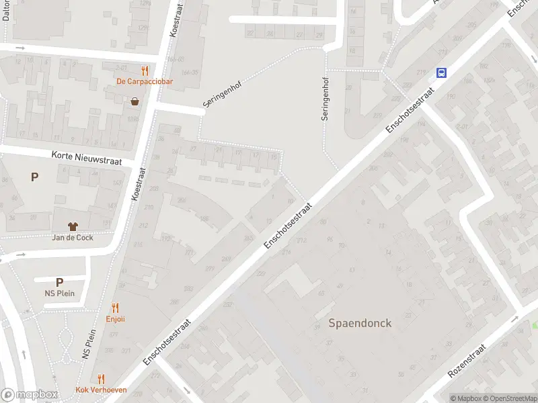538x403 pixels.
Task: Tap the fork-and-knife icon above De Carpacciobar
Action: [x=144, y=71]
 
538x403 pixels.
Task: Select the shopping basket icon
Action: [x=135, y=101]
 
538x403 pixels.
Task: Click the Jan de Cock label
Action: [x=73, y=237]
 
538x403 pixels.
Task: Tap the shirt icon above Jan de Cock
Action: [x=73, y=226]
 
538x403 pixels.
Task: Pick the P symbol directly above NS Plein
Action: [x=59, y=283]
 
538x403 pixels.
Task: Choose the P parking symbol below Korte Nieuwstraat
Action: [x=34, y=177]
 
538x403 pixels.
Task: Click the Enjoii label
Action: [x=115, y=319]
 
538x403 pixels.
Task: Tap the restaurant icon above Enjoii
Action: [x=115, y=308]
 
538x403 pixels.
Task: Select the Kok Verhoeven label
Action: [x=101, y=390]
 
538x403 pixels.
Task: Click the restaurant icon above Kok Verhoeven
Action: [x=101, y=379]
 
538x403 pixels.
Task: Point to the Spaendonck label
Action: [x=360, y=323]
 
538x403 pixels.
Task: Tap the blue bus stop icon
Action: [x=442, y=73]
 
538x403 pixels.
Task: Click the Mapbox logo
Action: [x=30, y=395]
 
